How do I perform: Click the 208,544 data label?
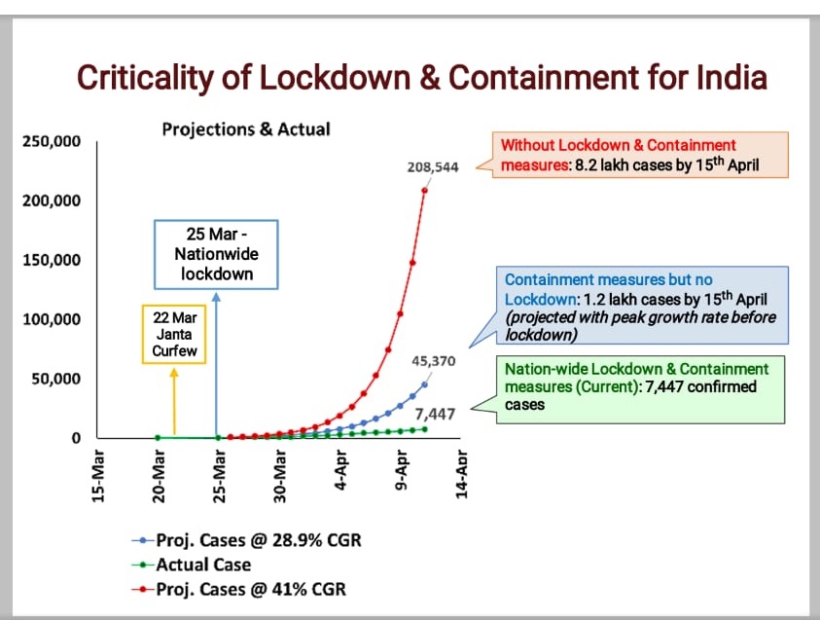click(434, 167)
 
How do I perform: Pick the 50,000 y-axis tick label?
click(55, 379)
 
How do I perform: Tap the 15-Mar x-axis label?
click(98, 474)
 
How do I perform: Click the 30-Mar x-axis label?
click(280, 474)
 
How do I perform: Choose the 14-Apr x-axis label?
click(463, 474)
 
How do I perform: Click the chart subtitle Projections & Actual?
click(246, 128)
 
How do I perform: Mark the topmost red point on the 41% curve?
click(425, 189)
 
